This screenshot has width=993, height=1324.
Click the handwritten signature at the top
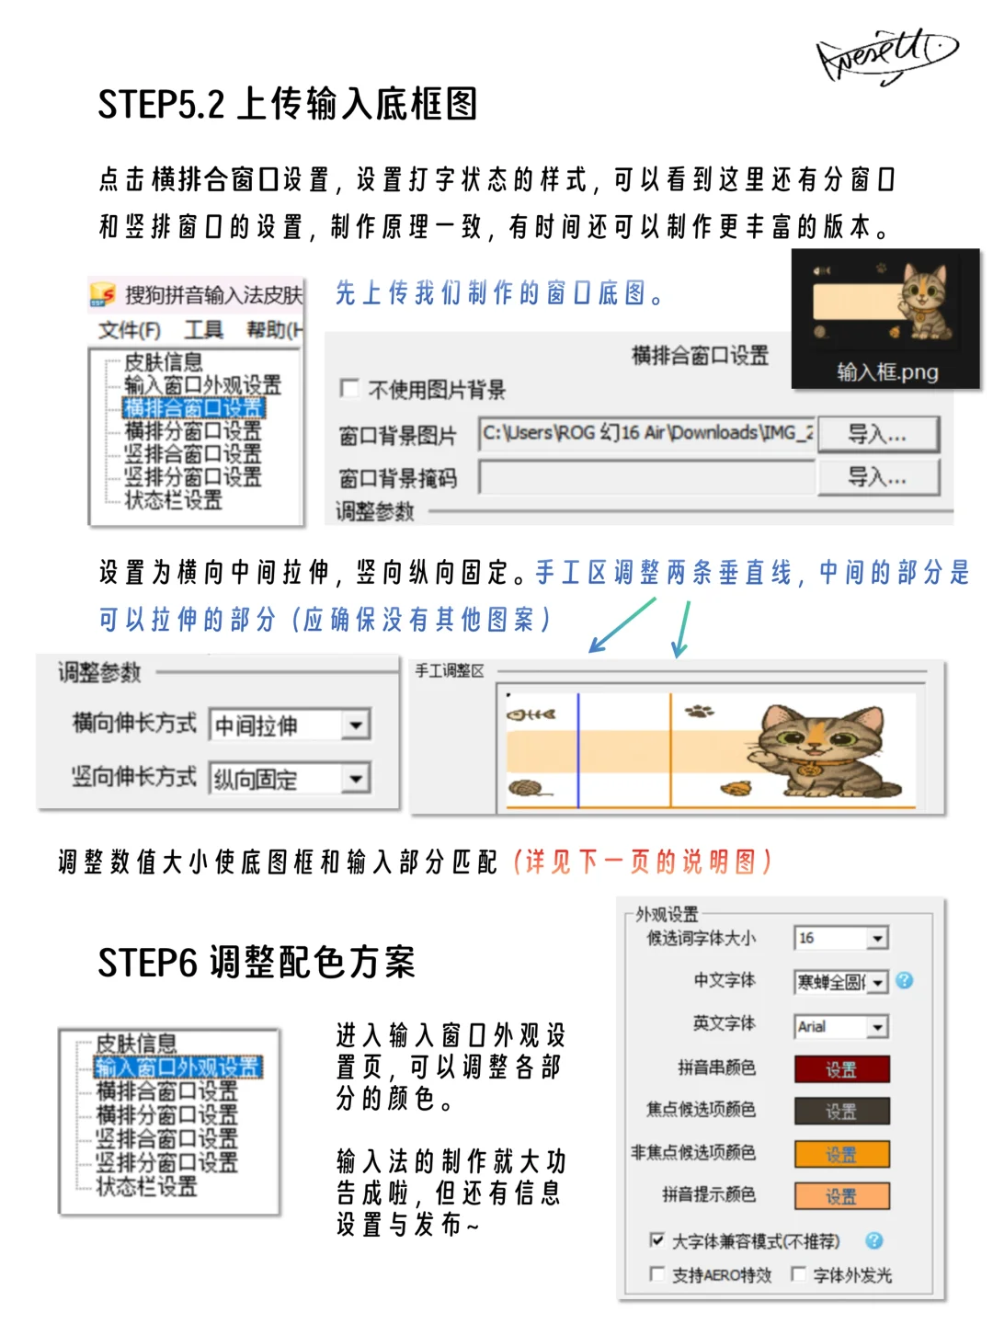885,55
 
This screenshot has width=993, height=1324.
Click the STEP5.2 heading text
288,104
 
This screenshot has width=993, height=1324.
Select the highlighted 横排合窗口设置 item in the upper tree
194,407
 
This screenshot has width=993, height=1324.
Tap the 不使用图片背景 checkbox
349,389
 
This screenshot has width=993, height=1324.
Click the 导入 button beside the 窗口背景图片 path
878,434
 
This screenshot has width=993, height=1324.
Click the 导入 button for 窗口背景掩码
878,476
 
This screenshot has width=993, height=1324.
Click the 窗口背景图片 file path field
646,433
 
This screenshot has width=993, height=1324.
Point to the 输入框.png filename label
887,371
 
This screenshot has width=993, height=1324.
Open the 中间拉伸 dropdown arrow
356,725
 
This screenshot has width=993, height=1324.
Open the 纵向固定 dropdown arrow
356,779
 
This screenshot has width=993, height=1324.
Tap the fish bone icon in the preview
531,713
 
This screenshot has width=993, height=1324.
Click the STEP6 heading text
257,963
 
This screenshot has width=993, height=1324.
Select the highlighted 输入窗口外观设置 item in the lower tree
178,1067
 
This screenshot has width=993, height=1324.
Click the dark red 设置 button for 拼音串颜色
841,1069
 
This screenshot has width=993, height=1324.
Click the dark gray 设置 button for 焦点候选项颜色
841,1111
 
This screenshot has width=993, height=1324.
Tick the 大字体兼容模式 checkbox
656,1239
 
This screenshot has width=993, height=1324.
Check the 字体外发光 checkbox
798,1273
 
